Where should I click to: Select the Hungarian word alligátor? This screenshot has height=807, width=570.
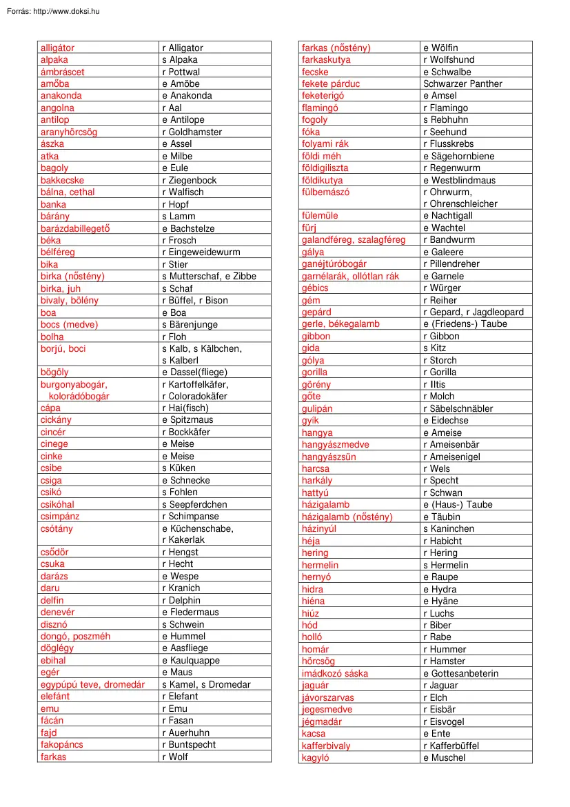point(57,48)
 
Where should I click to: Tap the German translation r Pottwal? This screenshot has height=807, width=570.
point(181,72)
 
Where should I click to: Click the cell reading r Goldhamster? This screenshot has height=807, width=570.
point(192,132)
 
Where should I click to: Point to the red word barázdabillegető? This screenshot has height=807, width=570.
point(75,228)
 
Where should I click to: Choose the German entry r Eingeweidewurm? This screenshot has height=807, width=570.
point(201,252)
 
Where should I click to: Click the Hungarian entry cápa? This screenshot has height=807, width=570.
point(50,408)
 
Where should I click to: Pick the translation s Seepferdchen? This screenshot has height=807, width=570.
point(194,504)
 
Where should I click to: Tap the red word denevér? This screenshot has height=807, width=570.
point(57,612)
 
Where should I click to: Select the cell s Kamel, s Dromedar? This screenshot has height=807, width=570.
point(206,684)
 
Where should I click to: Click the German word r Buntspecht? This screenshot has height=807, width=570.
point(189,744)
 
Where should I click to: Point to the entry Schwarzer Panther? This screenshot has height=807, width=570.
point(462,83)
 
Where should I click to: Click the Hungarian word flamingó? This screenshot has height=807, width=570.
point(320,108)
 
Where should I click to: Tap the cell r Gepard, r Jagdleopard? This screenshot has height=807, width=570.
point(474,312)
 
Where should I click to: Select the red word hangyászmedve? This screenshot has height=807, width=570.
point(335,445)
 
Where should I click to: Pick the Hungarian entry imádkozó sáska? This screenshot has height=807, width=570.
point(335,673)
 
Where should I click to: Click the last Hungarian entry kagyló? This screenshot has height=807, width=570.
point(316,757)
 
